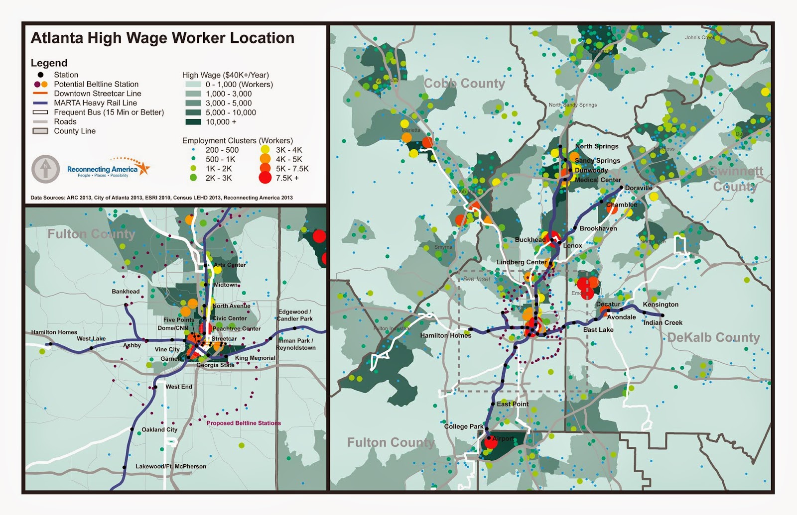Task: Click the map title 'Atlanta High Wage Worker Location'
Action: (162, 38)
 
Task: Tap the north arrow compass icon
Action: (46, 169)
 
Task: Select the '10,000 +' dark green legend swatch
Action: (193, 122)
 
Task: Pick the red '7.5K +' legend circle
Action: (265, 178)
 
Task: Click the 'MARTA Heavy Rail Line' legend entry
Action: (95, 103)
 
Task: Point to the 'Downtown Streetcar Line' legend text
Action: (97, 94)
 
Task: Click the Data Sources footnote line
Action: (161, 198)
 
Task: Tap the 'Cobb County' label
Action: (464, 84)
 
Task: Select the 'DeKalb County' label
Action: (713, 337)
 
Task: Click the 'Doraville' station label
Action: (639, 188)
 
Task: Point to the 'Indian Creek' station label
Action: (663, 322)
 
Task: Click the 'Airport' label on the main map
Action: (503, 439)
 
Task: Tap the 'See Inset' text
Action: (476, 279)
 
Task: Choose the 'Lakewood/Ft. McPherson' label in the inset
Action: (171, 466)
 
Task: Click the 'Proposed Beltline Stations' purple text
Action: (244, 423)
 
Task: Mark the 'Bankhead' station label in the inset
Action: (126, 292)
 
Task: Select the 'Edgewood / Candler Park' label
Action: (295, 315)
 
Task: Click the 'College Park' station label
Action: (464, 426)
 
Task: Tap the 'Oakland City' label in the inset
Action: (159, 429)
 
